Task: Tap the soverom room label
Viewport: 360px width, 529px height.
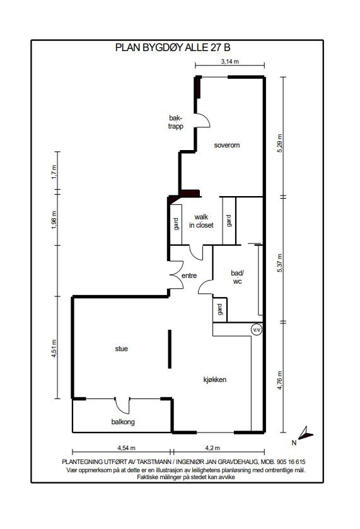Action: point(227,144)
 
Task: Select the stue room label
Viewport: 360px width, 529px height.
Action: point(121,348)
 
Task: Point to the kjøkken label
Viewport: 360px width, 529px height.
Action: point(214,380)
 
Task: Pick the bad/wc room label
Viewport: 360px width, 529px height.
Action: point(237,277)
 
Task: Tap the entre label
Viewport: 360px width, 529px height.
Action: point(190,276)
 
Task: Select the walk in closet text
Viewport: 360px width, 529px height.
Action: point(201,220)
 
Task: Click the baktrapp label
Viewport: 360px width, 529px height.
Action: point(176,121)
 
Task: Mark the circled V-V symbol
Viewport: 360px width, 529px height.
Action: point(257,330)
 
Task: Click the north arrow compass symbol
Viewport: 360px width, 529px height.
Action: point(305,433)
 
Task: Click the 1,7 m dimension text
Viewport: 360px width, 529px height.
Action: point(54,172)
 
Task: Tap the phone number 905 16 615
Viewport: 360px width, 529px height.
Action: point(287,462)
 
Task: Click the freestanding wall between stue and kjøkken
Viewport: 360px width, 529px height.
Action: point(168,349)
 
